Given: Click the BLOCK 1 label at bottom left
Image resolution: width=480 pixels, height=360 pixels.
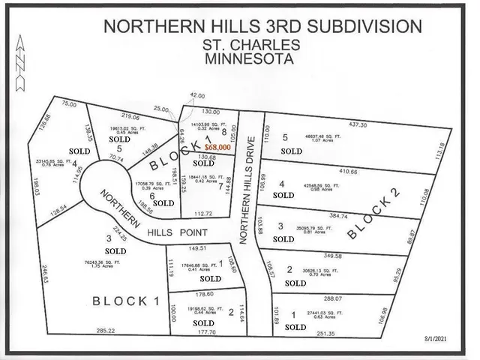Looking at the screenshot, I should click(x=127, y=301).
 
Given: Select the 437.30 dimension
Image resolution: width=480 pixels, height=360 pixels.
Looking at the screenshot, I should click(x=358, y=124).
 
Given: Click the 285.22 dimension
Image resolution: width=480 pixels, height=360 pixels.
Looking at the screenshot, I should click(x=106, y=330).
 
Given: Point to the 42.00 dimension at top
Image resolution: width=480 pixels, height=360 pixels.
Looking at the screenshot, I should click(x=197, y=96).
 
